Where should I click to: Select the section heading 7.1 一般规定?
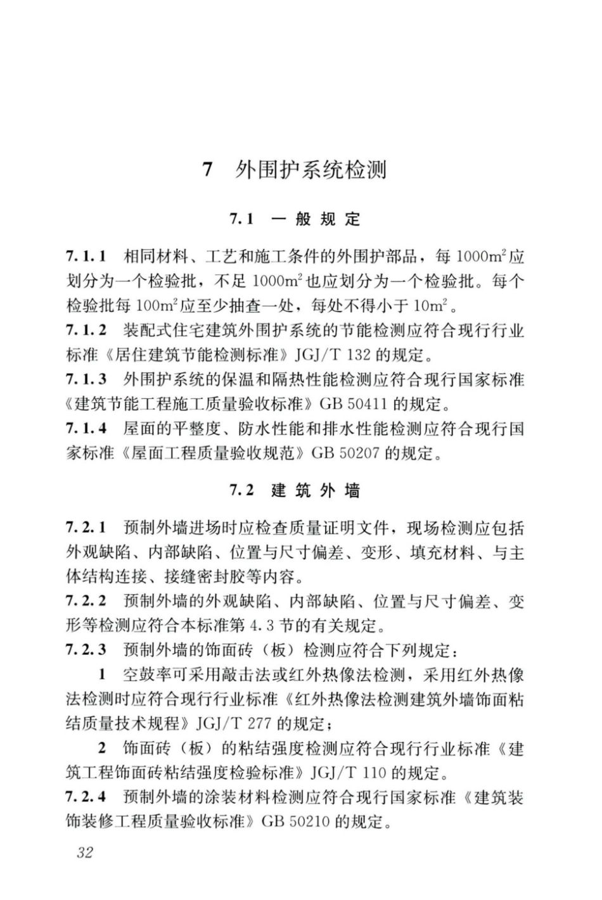[x=295, y=219]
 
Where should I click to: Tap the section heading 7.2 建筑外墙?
[x=295, y=490]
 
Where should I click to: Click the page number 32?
[x=84, y=852]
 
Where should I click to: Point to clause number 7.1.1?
[x=85, y=257]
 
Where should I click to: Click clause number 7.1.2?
[x=85, y=330]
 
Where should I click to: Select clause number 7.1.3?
[x=85, y=379]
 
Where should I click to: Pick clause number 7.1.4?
[x=85, y=429]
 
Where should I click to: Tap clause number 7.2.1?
[x=85, y=528]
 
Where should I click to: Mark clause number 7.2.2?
[x=85, y=600]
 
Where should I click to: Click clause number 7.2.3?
[x=85, y=650]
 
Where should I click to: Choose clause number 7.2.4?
[x=85, y=797]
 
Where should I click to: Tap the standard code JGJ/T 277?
[x=235, y=723]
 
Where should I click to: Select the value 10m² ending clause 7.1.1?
[x=430, y=305]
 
